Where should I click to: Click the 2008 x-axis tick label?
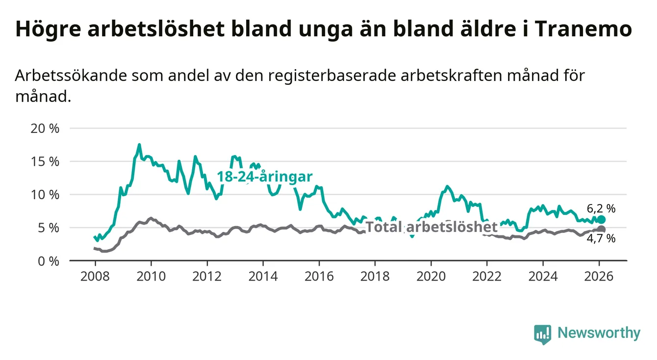95,276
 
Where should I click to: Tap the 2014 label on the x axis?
263,276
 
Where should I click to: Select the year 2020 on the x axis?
431,276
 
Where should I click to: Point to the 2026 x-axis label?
599,276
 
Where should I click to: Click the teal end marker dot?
602,219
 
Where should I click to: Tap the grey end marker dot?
602,230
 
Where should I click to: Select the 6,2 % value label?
601,208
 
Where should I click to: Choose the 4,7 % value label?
601,239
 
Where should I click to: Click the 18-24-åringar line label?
265,177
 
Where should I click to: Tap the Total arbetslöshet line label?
431,227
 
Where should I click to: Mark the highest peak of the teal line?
139,145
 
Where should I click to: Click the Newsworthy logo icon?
542,334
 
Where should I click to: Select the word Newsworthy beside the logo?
599,334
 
